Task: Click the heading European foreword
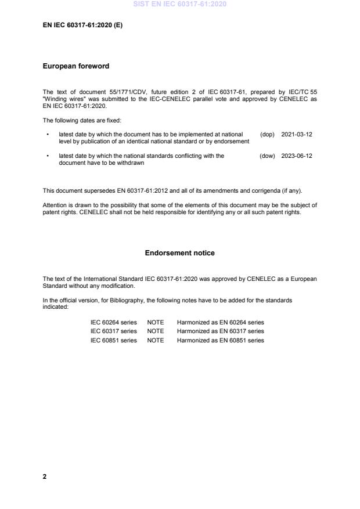[x=75, y=66]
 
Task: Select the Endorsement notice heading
[x=179, y=253]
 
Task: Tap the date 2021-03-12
[x=296, y=134]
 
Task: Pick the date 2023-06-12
[x=296, y=156]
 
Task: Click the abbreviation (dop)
[x=267, y=134]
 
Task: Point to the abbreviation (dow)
[x=267, y=156]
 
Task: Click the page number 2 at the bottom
[x=45, y=476]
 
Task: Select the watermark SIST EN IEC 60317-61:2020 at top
[x=179, y=4]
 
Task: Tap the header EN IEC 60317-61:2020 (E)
[x=82, y=26]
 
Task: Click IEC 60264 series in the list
[x=113, y=322]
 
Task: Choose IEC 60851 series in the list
[x=113, y=341]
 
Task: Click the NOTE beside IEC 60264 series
[x=156, y=322]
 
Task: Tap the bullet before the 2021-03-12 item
[x=46, y=134]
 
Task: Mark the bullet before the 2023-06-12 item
[x=46, y=156]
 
